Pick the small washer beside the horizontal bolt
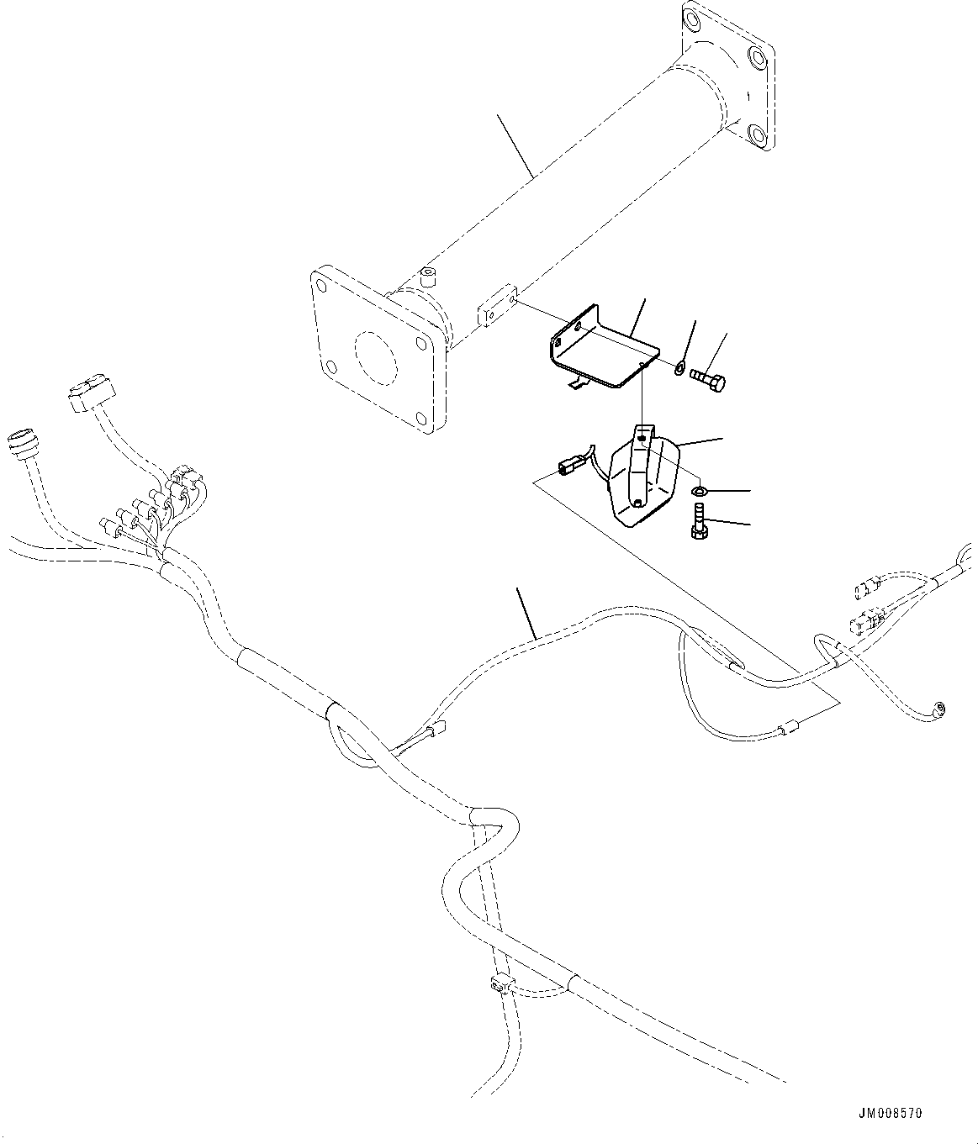679,366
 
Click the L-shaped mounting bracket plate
597,349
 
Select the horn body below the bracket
642,479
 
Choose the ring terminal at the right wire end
939,709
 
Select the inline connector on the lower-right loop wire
790,730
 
